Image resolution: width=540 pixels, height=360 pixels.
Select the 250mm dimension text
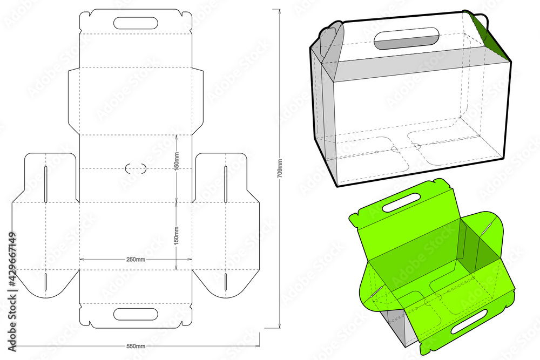pyautogui.click(x=136, y=260)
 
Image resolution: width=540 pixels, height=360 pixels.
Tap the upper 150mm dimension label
pyautogui.click(x=177, y=160)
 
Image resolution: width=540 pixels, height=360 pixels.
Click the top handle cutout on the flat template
pyautogui.click(x=136, y=23)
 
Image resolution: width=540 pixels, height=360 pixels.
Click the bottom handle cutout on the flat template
pyautogui.click(x=136, y=314)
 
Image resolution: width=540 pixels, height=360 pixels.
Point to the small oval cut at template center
pyautogui.click(x=136, y=168)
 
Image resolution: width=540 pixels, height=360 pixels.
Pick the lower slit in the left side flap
pyautogui.click(x=46, y=281)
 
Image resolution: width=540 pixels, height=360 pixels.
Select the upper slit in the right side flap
pyautogui.click(x=226, y=177)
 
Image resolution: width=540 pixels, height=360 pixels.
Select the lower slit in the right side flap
pyautogui.click(x=226, y=281)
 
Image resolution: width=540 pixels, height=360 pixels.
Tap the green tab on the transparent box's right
pyautogui.click(x=482, y=27)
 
